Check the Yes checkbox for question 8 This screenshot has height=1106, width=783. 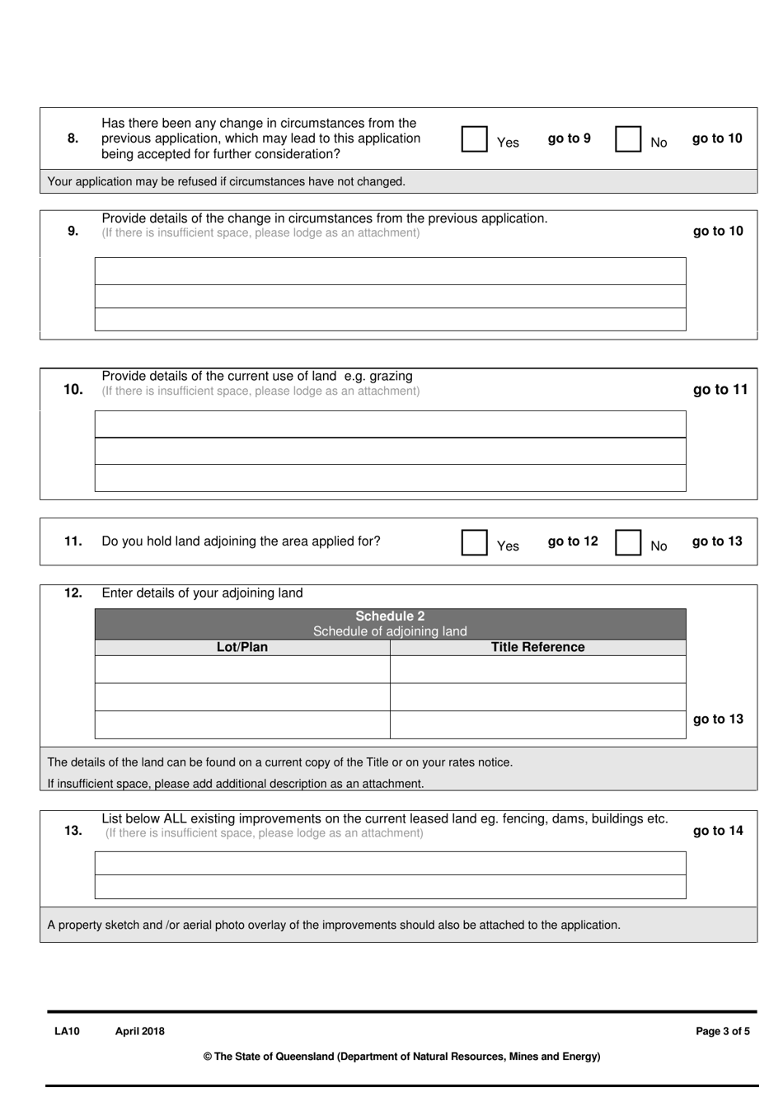(474, 138)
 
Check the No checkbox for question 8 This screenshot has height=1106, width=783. (628, 138)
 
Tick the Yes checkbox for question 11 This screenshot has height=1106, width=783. (474, 541)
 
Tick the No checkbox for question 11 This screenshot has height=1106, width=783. (628, 541)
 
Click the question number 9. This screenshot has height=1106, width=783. (73, 231)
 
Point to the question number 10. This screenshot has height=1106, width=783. (73, 389)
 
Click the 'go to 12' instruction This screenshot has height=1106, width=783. (573, 541)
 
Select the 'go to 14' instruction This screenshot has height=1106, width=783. (718, 831)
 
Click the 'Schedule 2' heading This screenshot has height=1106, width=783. (390, 616)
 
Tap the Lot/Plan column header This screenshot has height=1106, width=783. (242, 648)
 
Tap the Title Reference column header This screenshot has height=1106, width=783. (537, 648)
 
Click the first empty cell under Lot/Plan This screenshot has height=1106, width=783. (242, 669)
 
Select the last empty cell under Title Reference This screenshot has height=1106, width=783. (537, 724)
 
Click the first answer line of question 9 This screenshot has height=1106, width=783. (390, 271)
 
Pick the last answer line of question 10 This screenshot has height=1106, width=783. (390, 478)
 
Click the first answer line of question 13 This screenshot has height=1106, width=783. (390, 863)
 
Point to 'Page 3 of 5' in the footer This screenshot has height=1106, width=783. (723, 1031)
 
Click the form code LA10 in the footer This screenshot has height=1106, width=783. (67, 1031)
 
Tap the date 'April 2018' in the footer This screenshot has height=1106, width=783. (140, 1031)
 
